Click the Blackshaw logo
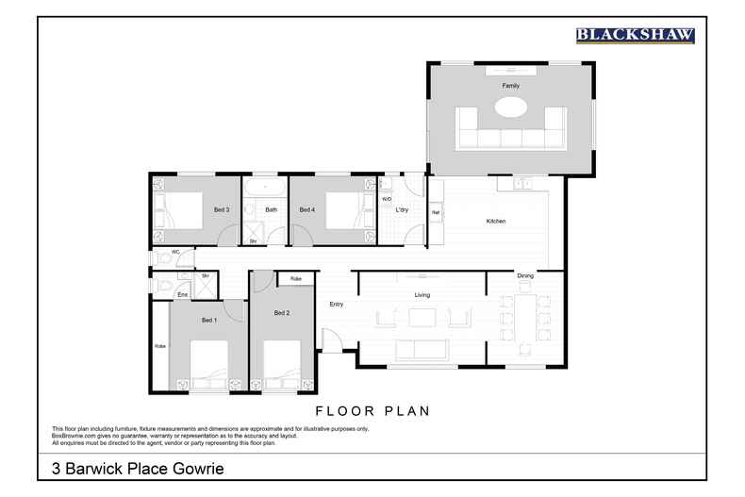pos(635,35)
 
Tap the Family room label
pos(510,86)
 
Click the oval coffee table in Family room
pos(510,108)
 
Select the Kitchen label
pos(495,222)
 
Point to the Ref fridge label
pos(436,213)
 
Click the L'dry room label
pos(401,209)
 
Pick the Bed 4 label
pos(306,209)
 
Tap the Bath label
pos(272,209)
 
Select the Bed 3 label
pos(222,209)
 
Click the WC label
pos(175,253)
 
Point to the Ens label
pos(182,295)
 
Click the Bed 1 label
pos(208,321)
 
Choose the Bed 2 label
pos(281,312)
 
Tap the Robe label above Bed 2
pos(295,279)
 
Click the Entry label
pos(336,305)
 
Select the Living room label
pos(422,295)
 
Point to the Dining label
pos(525,275)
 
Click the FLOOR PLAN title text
pos(372,410)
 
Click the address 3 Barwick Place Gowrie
pos(137,468)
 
